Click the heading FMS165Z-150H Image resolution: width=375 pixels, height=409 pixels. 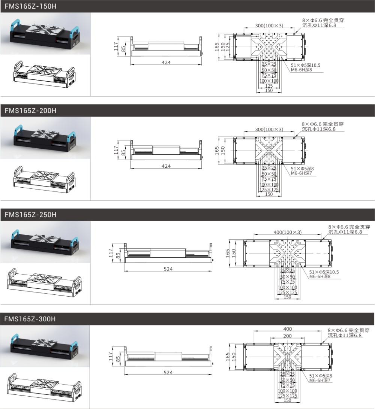click(30, 6)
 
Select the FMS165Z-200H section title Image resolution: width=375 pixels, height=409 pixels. click(30, 110)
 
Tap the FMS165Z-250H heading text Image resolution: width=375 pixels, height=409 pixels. click(30, 215)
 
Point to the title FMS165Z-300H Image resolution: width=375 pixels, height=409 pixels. click(30, 319)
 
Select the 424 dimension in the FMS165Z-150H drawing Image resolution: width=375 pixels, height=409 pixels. click(166, 63)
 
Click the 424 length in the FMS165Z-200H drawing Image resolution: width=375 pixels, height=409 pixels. click(166, 166)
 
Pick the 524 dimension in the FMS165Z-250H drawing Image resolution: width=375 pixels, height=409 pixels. click(168, 269)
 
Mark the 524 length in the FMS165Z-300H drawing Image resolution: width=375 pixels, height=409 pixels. click(168, 373)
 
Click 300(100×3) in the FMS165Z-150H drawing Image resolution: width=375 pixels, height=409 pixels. click(269, 25)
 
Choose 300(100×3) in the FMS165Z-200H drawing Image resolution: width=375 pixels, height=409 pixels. click(269, 129)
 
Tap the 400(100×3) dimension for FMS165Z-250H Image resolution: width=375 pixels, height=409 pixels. click(288, 232)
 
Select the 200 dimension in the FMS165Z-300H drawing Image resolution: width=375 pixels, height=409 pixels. click(287, 336)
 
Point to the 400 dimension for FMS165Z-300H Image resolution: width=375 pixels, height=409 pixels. click(288, 329)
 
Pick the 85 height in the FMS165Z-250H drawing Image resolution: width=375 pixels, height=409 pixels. click(118, 255)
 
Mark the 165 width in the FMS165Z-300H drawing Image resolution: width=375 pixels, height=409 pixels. click(228, 357)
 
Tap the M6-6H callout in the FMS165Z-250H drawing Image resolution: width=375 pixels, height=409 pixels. click(319, 276)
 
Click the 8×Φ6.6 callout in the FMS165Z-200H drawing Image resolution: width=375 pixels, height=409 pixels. click(322, 124)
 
